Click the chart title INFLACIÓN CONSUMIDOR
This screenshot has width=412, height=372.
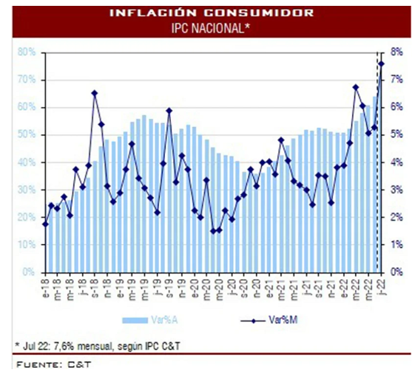[x=211, y=12]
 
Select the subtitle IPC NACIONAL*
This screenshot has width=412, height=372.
[x=210, y=28]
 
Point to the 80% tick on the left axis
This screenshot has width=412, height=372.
[x=26, y=52]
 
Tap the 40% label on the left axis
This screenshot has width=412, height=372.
[x=26, y=163]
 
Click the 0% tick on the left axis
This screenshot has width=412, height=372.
[x=29, y=272]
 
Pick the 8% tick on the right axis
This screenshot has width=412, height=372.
[x=397, y=52]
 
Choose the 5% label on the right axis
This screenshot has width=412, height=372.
[x=397, y=135]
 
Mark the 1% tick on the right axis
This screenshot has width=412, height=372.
[x=397, y=244]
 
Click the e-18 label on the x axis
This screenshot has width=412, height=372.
[x=46, y=288]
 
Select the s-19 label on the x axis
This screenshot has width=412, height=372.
[x=170, y=288]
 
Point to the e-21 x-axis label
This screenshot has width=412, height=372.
[x=269, y=288]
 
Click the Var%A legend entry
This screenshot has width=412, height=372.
[x=150, y=320]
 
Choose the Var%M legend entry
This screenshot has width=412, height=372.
[x=269, y=320]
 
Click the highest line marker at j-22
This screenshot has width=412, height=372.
[x=381, y=63]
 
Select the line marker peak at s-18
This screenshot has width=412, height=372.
[x=95, y=93]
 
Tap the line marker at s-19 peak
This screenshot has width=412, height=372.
[x=170, y=110]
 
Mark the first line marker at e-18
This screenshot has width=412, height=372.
[x=45, y=224]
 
